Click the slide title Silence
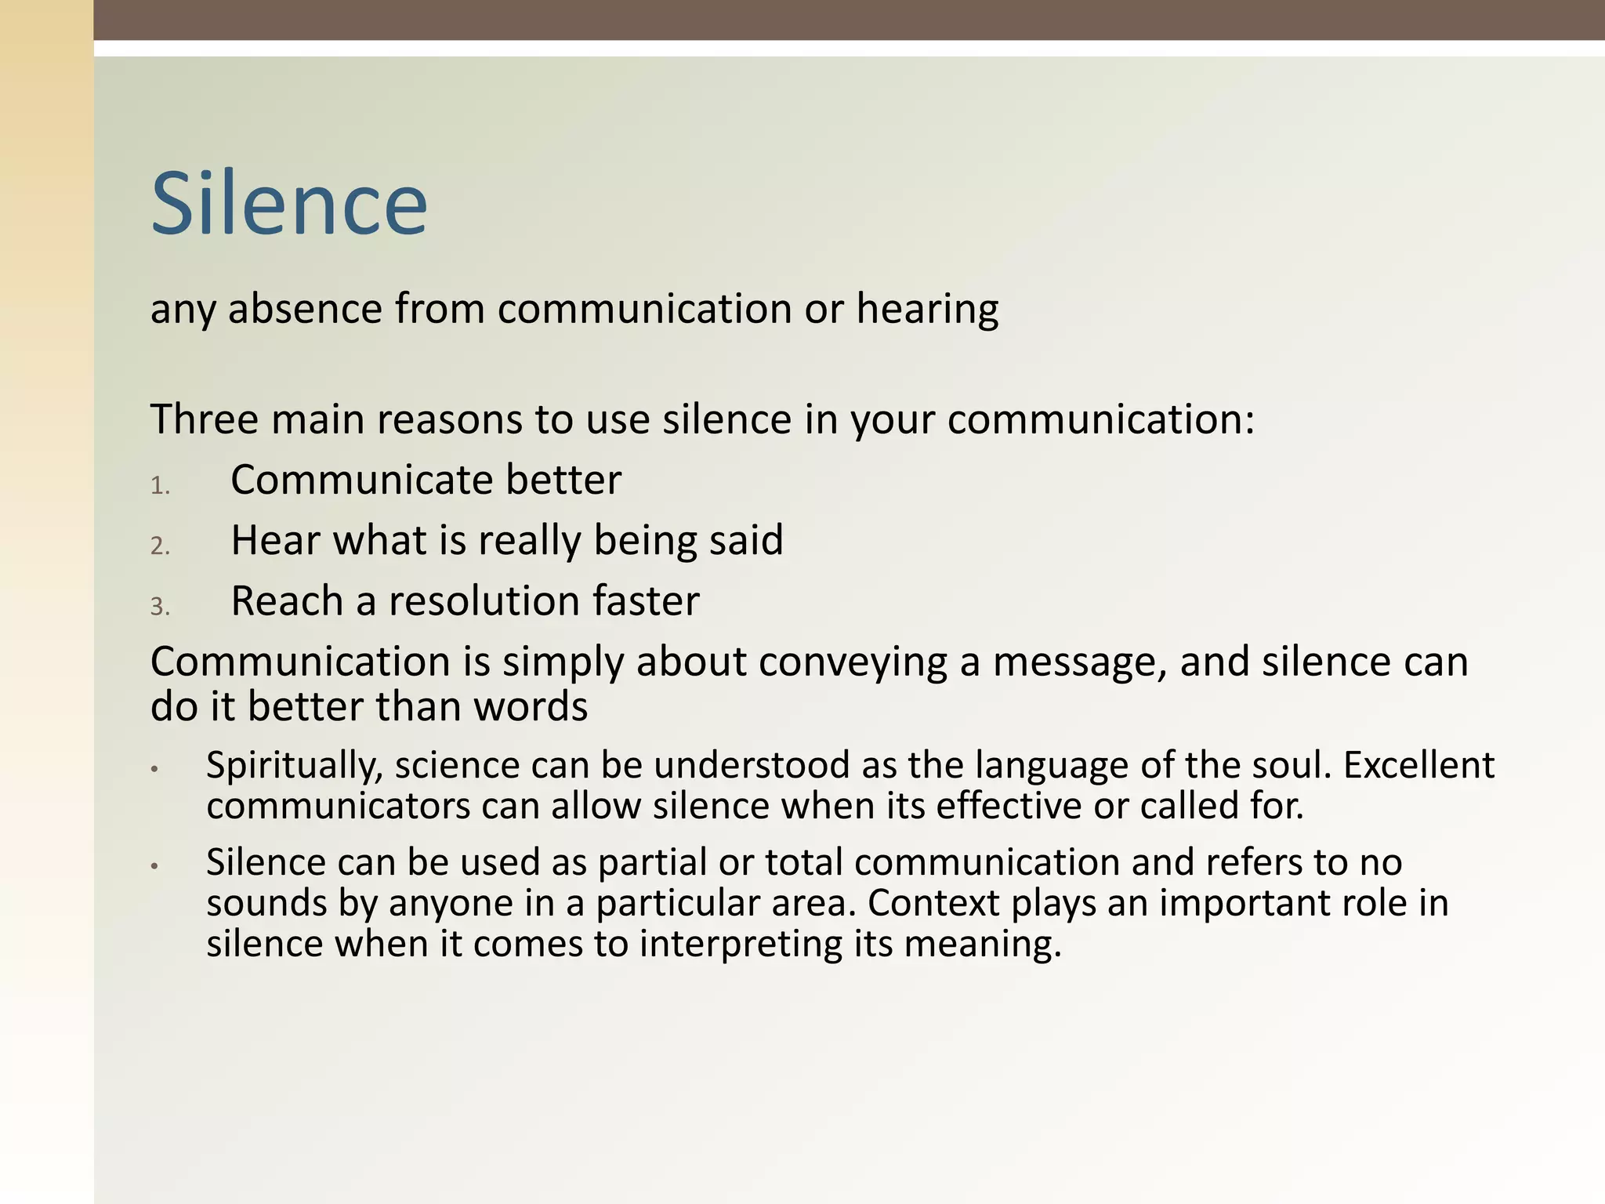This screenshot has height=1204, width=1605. pos(289,204)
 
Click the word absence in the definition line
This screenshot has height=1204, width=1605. pos(305,309)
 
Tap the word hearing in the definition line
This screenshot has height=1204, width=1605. pos(927,309)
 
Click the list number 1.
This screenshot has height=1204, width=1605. pos(160,486)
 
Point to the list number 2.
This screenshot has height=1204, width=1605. pos(160,546)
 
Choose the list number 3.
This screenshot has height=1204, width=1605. pos(160,607)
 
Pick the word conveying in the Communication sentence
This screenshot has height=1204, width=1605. pos(853,663)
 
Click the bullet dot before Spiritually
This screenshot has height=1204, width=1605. pos(155,770)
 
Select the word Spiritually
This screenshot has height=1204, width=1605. pos(294,766)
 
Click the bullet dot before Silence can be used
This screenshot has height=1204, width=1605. pos(155,867)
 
